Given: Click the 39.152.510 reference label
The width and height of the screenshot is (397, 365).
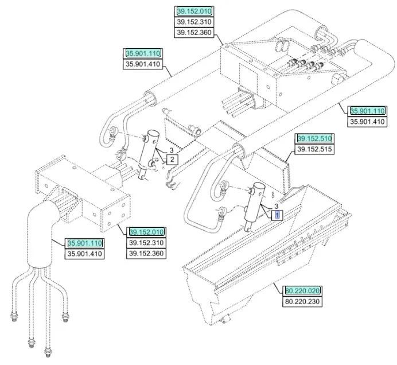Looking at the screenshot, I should [x=314, y=139].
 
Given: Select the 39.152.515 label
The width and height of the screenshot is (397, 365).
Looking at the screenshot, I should [x=314, y=150].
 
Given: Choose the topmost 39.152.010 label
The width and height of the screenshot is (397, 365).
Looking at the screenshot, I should [x=194, y=11].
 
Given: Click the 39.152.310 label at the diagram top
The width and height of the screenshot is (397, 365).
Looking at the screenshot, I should [x=194, y=22].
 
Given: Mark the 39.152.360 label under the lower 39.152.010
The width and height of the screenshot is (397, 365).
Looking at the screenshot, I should [x=146, y=253].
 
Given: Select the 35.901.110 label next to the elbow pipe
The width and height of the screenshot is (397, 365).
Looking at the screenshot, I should [x=85, y=243].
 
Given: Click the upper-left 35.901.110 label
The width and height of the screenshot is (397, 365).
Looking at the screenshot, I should [x=143, y=53].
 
